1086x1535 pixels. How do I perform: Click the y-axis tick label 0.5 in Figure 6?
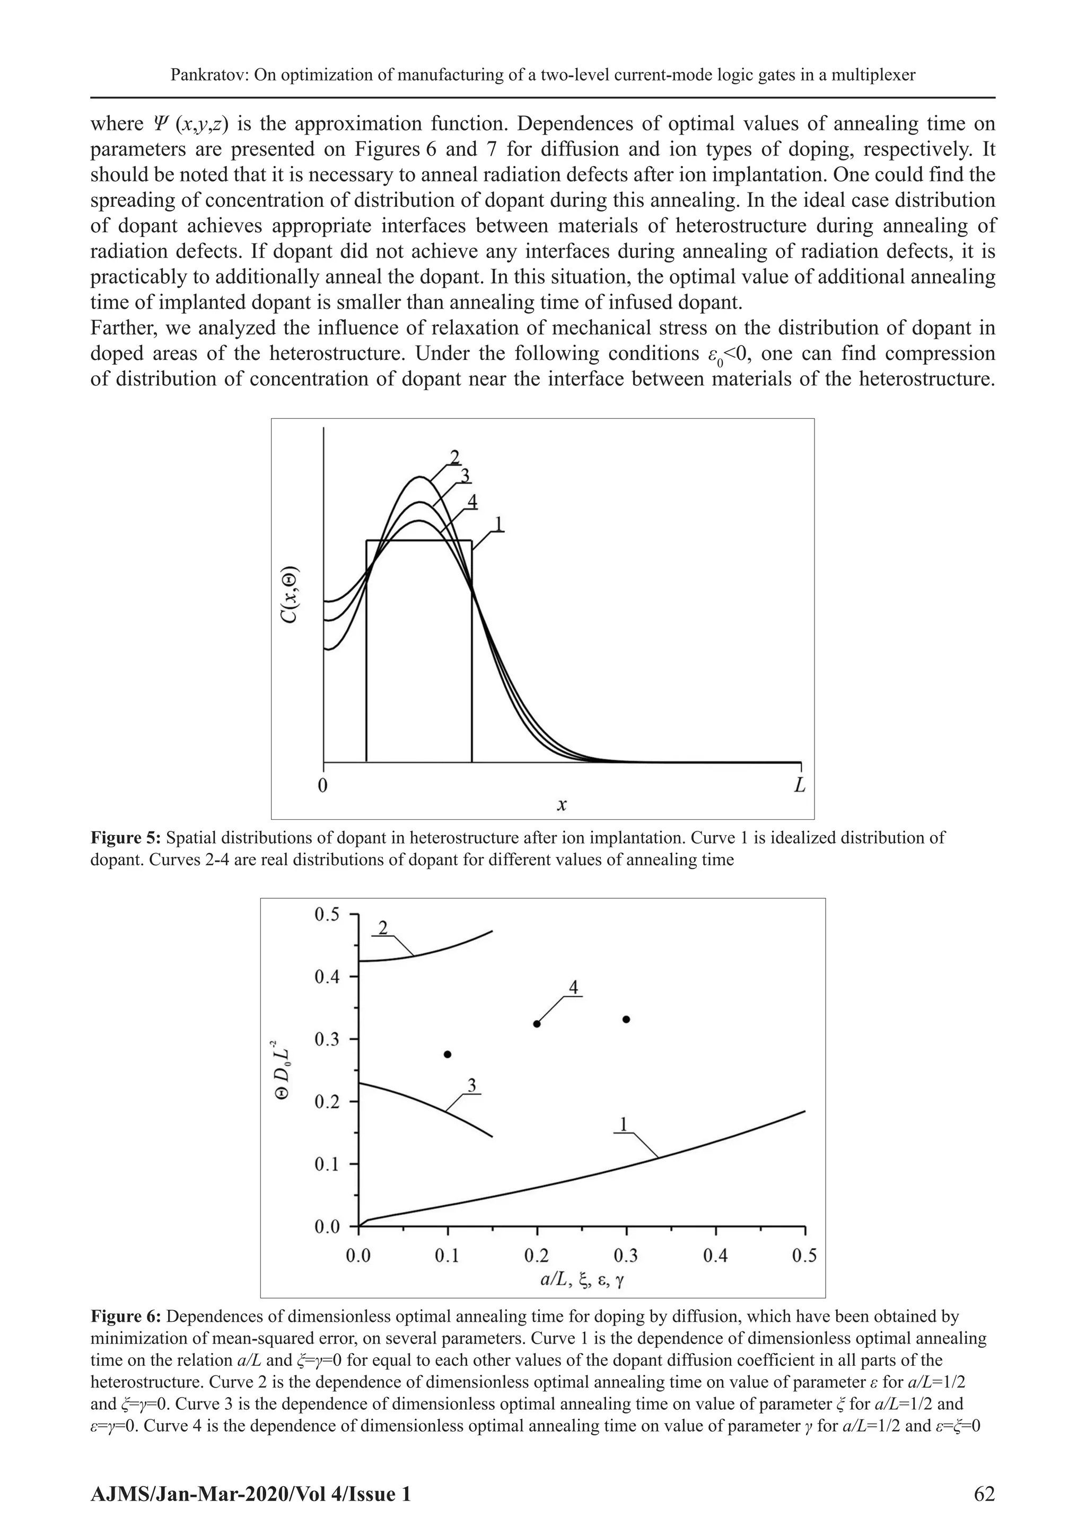328,915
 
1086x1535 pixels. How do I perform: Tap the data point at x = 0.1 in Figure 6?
448,1054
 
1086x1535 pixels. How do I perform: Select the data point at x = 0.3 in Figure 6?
626,1020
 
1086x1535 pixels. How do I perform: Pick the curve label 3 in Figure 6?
471,1086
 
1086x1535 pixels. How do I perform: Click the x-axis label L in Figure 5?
800,786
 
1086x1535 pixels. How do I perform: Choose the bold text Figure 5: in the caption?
126,838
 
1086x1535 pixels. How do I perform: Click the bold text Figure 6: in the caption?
126,1317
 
